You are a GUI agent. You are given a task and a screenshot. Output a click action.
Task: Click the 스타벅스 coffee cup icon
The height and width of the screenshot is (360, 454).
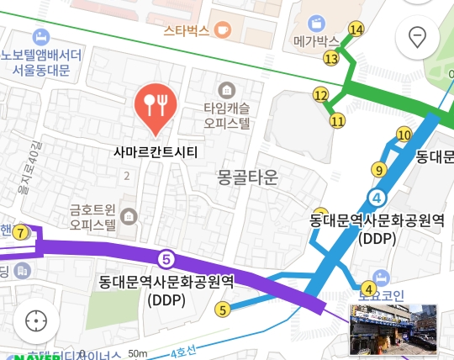(222, 29)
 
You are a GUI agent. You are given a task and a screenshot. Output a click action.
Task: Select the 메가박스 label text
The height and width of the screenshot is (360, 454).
(316, 40)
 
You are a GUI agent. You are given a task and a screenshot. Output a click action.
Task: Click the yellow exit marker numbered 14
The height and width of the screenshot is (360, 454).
(356, 29)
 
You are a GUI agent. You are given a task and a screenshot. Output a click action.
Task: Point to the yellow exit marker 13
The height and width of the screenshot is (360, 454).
(331, 58)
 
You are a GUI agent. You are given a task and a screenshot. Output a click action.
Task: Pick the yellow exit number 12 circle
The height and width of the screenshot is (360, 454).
(320, 95)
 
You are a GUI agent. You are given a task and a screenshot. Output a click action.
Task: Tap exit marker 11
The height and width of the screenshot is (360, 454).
(337, 120)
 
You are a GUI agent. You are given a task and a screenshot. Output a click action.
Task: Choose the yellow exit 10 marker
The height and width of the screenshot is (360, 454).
(404, 135)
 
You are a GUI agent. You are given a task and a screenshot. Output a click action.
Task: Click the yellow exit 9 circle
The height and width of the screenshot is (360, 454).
(379, 170)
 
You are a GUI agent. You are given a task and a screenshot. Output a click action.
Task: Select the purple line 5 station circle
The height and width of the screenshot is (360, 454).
(166, 257)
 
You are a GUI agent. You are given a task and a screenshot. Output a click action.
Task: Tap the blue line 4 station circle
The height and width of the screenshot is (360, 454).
(377, 198)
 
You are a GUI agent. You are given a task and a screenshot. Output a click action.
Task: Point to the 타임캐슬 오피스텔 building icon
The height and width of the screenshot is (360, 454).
(225, 89)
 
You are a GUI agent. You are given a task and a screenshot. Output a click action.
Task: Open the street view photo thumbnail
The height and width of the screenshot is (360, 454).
(393, 329)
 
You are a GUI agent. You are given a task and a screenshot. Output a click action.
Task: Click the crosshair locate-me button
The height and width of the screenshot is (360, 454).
(36, 321)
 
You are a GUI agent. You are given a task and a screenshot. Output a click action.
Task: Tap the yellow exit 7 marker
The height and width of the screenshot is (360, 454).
(20, 233)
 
